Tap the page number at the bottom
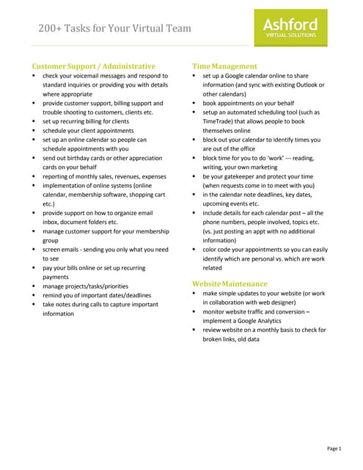pyautogui.click(x=334, y=448)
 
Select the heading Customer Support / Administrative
pyautogui.click(x=93, y=66)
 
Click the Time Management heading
pyautogui.click(x=224, y=66)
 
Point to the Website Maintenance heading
pyautogui.click(x=230, y=283)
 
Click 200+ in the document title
pyautogui.click(x=52, y=29)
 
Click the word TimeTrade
pyautogui.click(x=219, y=121)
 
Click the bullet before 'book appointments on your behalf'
pyautogui.click(x=194, y=104)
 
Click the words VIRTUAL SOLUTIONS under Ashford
pyautogui.click(x=291, y=35)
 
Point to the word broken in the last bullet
pyautogui.click(x=214, y=339)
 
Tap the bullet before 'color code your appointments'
pyautogui.click(x=194, y=249)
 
